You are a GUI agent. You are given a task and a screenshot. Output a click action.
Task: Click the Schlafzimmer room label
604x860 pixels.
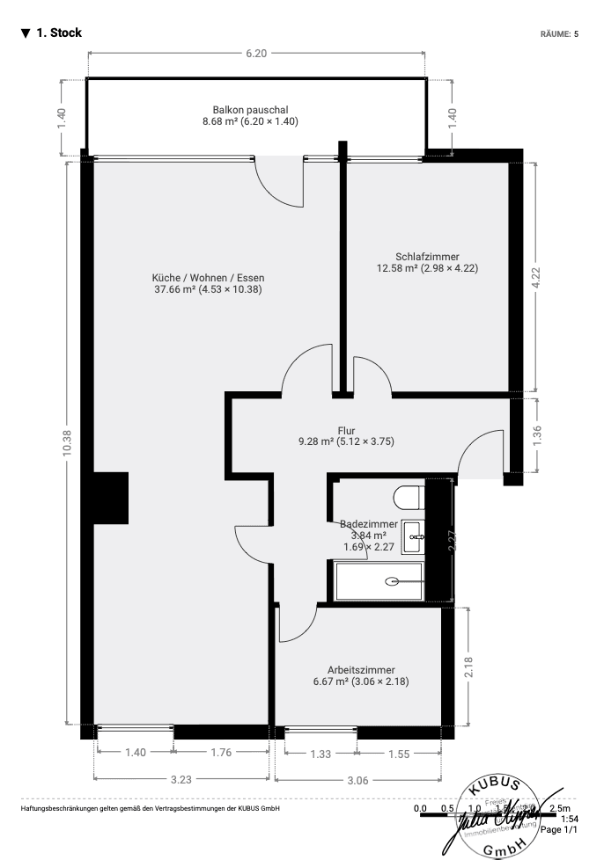(427, 257)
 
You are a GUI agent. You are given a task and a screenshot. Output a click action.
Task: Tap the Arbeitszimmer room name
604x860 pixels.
(361, 669)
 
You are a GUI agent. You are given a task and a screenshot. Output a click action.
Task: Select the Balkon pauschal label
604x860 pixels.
(250, 110)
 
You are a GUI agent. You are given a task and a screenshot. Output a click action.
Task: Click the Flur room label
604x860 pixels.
(346, 430)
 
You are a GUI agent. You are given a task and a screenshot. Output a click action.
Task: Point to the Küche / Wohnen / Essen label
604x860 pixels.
(208, 277)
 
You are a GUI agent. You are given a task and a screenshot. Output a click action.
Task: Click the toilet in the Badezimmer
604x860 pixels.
(409, 499)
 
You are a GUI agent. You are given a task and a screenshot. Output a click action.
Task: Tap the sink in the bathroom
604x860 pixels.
(413, 536)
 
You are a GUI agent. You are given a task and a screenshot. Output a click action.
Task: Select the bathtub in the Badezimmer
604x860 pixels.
(379, 581)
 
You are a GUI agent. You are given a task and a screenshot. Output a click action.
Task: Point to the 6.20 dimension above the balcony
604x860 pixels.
(256, 53)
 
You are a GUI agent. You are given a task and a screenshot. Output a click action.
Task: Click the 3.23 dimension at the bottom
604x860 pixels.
(182, 778)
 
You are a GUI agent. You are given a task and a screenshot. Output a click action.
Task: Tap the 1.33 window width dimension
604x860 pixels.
(320, 754)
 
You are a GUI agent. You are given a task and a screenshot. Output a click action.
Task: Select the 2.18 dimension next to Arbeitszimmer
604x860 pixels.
(469, 667)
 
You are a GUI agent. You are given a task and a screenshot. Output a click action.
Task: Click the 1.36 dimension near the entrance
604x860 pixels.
(537, 435)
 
